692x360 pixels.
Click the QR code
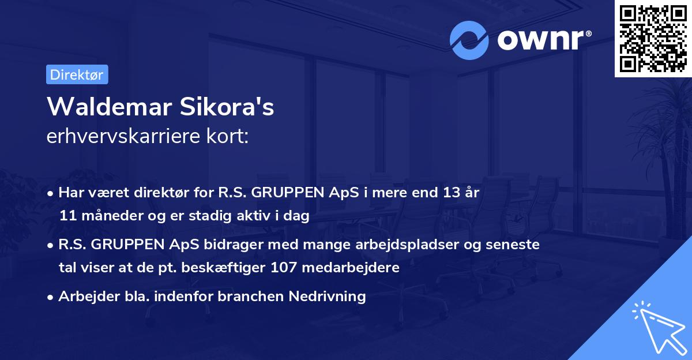[x=653, y=38]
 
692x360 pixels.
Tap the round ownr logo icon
[x=469, y=40]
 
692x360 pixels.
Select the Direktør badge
[x=77, y=74]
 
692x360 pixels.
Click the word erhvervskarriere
[x=118, y=137]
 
